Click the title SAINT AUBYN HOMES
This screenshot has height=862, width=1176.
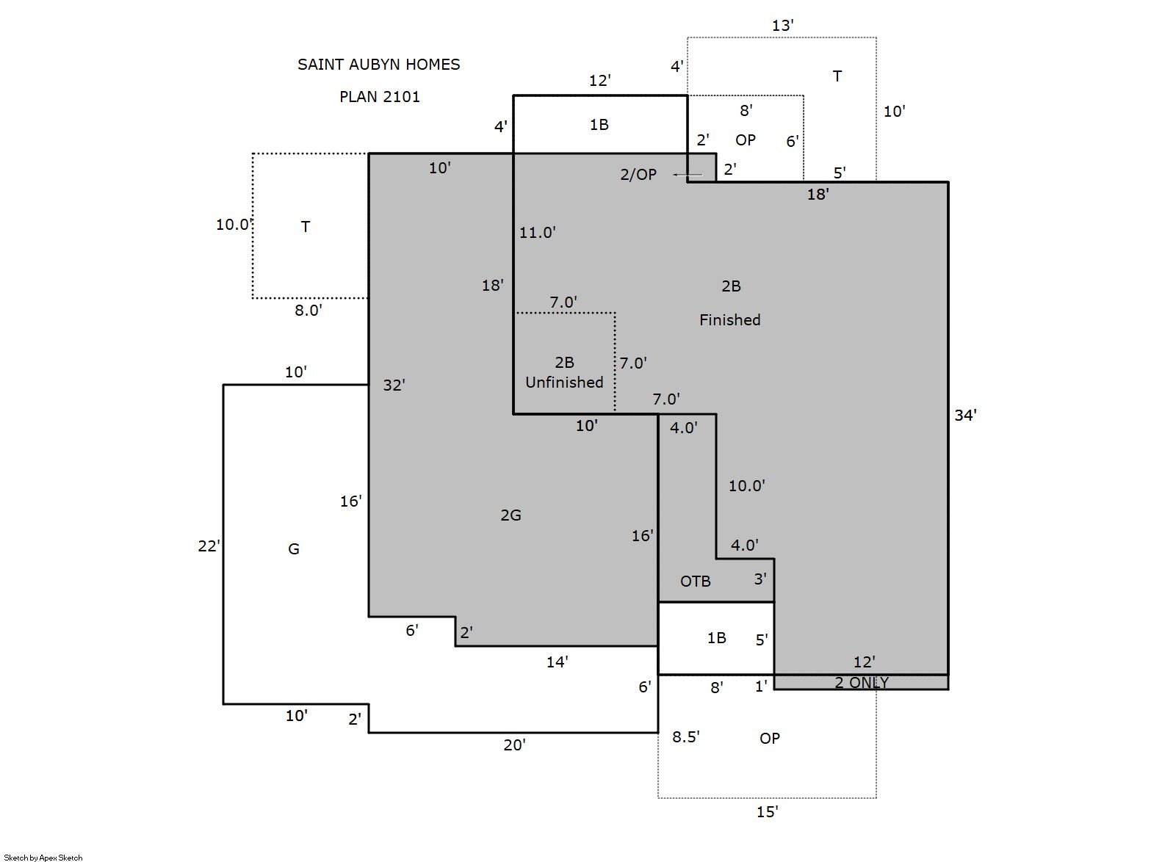tap(378, 65)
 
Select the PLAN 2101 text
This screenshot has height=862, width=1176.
tap(380, 97)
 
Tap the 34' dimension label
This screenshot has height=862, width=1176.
tap(965, 416)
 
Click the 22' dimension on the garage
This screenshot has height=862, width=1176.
tap(209, 546)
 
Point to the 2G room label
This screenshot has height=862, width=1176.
tap(511, 515)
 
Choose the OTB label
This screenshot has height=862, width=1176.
tap(695, 582)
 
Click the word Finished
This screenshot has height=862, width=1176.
tap(729, 320)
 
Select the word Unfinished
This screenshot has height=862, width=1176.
tap(564, 383)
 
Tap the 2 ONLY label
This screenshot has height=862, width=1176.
tap(862, 683)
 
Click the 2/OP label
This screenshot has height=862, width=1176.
tap(638, 174)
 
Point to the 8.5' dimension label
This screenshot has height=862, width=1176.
tap(685, 736)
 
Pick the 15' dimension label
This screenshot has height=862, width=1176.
tap(767, 812)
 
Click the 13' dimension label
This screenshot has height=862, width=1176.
tap(782, 25)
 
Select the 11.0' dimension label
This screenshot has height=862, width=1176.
tap(537, 233)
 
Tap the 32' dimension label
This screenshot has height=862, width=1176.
tap(394, 385)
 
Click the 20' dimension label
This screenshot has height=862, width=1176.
tap(514, 745)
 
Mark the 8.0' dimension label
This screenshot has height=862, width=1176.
tap(309, 311)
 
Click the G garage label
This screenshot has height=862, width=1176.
tap(294, 548)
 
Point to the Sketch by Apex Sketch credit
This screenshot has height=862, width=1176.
tap(43, 858)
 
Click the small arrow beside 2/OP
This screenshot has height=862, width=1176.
tap(688, 175)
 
